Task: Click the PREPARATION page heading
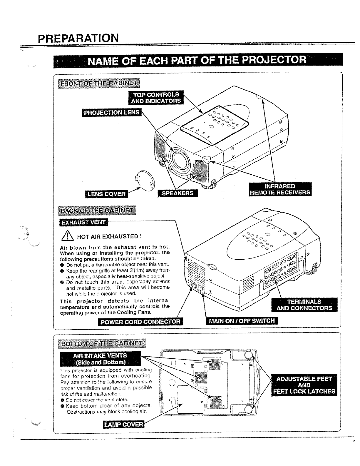coord(78,38)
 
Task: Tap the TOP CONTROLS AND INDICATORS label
coord(156,98)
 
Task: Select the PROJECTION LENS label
coord(111,113)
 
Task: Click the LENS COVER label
coord(107,194)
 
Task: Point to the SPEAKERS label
coord(178,193)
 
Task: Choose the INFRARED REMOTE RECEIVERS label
coord(280,189)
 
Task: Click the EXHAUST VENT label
coord(83,222)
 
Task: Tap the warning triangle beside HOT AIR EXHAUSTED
coord(67,236)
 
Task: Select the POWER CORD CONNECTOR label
coord(140,322)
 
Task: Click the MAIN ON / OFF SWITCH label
coord(242,321)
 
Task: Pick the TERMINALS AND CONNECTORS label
coord(304,305)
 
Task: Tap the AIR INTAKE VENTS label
coord(100,359)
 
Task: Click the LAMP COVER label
coord(124,424)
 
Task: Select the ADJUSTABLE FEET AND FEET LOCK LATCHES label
coord(304,385)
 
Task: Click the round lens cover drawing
coord(145,180)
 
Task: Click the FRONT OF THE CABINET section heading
coord(99,83)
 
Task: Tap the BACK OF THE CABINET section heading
coord(97,211)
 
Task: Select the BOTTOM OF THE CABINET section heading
coord(102,343)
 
